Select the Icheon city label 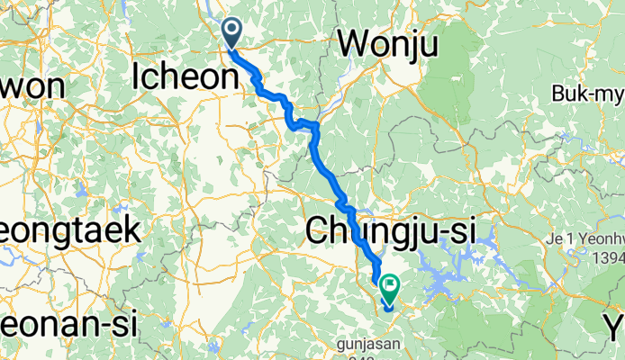tap(184, 76)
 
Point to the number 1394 tap(604, 259)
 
